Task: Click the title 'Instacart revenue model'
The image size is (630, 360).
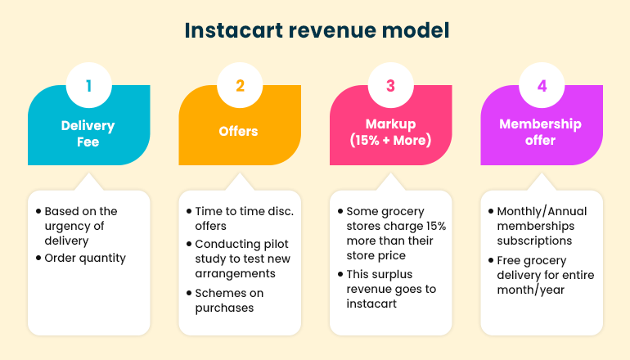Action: pyautogui.click(x=317, y=30)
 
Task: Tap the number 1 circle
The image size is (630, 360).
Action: pyautogui.click(x=89, y=85)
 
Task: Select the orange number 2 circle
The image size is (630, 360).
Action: pyautogui.click(x=240, y=85)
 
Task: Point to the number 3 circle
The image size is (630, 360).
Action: pyautogui.click(x=390, y=85)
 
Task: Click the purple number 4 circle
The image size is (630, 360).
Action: pyautogui.click(x=542, y=85)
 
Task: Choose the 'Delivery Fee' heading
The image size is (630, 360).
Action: pyautogui.click(x=88, y=133)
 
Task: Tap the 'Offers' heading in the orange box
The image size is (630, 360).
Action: pyautogui.click(x=238, y=131)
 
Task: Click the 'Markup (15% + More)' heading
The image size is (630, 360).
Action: pyautogui.click(x=390, y=133)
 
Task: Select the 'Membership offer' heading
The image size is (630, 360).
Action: pyautogui.click(x=540, y=133)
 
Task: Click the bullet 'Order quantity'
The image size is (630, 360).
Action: pyautogui.click(x=85, y=258)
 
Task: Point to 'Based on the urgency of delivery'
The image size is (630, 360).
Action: pyautogui.click(x=81, y=226)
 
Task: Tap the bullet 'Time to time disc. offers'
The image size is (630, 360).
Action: pyautogui.click(x=245, y=218)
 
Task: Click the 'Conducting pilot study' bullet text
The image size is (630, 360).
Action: pyautogui.click(x=243, y=259)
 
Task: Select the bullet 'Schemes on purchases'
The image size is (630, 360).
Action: pyautogui.click(x=229, y=300)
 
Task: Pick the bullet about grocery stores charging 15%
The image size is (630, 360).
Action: pyautogui.click(x=396, y=233)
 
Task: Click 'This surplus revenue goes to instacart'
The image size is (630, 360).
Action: pyautogui.click(x=391, y=289)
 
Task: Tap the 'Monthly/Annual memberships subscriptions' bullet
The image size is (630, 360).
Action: pyautogui.click(x=542, y=226)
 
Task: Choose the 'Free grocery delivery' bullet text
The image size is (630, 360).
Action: pyautogui.click(x=546, y=275)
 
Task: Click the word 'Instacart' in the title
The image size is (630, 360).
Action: pyautogui.click(x=233, y=30)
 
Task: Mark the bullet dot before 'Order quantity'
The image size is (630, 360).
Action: pyautogui.click(x=38, y=258)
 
